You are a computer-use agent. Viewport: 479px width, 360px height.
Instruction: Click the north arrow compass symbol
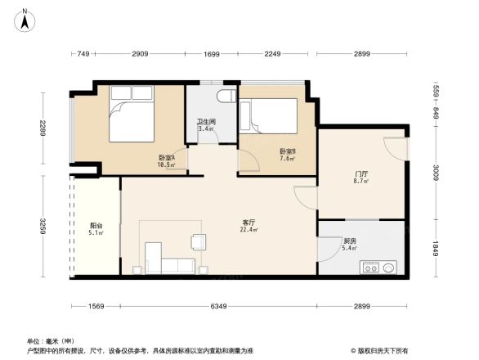click(x=25, y=18)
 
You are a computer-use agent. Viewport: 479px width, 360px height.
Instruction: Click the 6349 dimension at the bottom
click(x=217, y=307)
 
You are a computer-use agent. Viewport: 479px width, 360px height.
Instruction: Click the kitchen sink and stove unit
click(x=378, y=267)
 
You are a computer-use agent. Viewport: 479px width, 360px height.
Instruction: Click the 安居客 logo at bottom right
click(x=383, y=350)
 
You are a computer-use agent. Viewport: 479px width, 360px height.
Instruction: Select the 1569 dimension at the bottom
click(x=96, y=307)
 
